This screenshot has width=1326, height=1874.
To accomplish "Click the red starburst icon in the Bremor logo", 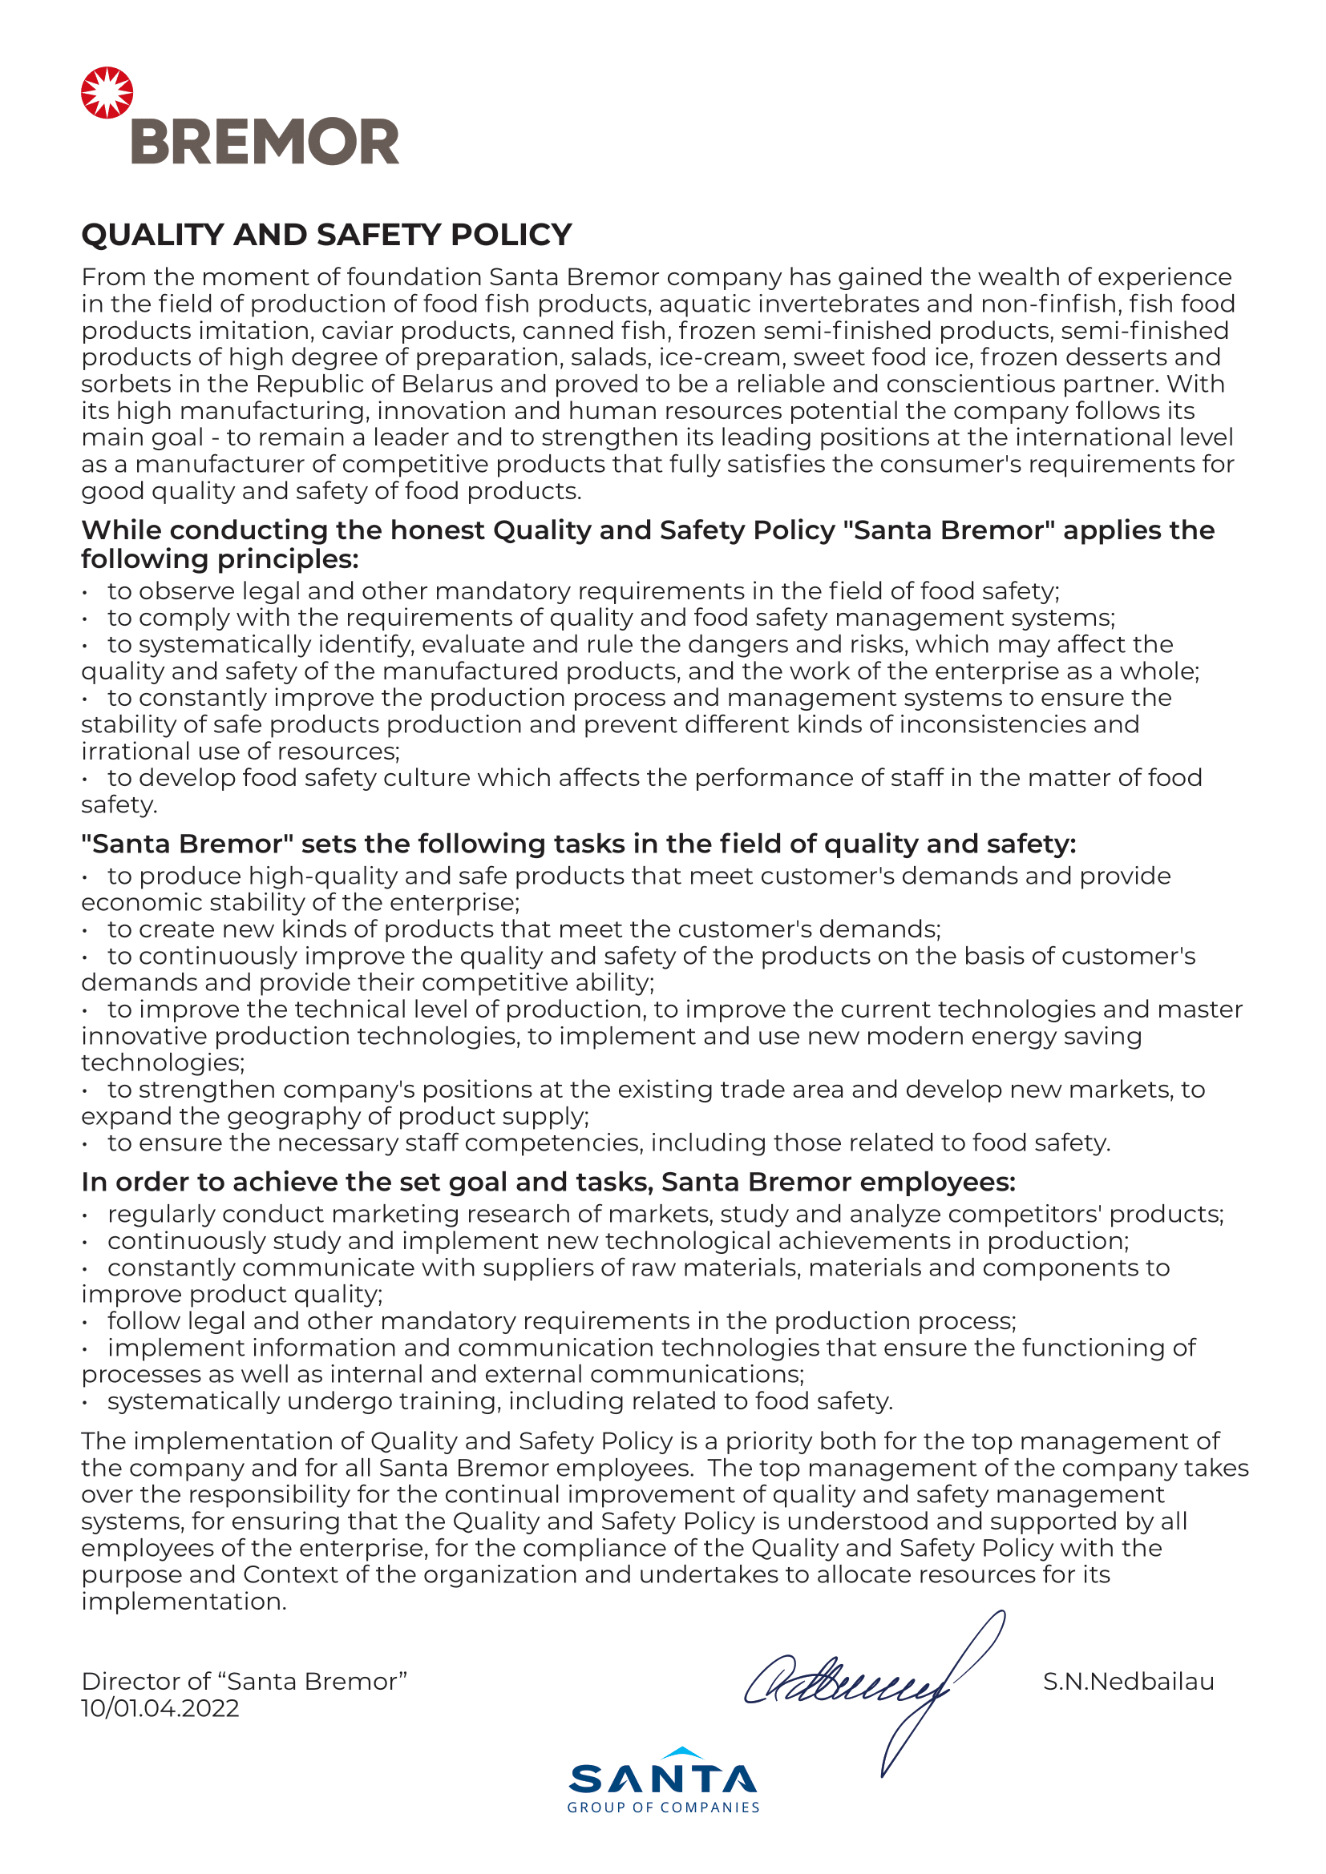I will coord(107,92).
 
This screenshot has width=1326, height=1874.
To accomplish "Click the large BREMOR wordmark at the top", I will coord(265,142).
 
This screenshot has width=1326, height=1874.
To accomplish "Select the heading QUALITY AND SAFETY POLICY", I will coord(325,235).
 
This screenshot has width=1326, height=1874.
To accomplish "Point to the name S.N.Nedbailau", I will coord(1128,1682).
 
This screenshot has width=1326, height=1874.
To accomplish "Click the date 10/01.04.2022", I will coord(160,1708).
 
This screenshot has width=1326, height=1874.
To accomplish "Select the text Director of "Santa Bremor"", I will coord(244,1682).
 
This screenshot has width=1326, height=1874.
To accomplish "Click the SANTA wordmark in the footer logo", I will coord(662,1780).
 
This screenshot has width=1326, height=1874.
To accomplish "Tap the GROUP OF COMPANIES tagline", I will coord(662,1808).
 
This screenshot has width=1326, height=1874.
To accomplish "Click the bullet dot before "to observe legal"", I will coord(85,593).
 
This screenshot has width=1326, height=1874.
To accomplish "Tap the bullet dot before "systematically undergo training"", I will coord(85,1402).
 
